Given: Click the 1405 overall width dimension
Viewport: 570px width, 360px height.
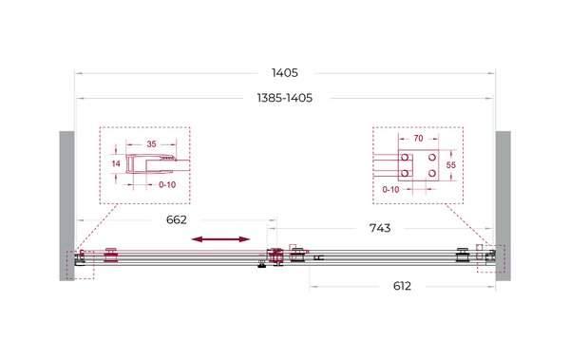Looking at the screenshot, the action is click(x=285, y=73).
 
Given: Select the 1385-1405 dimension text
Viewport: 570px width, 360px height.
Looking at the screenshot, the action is click(x=285, y=98).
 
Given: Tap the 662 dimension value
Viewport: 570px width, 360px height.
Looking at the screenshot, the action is click(x=177, y=219).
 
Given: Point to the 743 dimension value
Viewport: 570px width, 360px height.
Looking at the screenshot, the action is click(x=380, y=228).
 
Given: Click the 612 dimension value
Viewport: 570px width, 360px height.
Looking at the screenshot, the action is click(x=402, y=286).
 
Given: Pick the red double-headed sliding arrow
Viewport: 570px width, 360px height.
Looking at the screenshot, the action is click(x=220, y=239).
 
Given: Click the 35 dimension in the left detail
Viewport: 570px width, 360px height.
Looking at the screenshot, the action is click(x=152, y=144).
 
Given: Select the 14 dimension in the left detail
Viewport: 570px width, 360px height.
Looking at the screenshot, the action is click(x=116, y=163).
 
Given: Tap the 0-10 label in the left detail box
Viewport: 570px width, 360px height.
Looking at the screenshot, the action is click(x=167, y=184).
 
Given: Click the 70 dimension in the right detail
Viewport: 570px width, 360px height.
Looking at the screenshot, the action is click(x=418, y=138).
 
